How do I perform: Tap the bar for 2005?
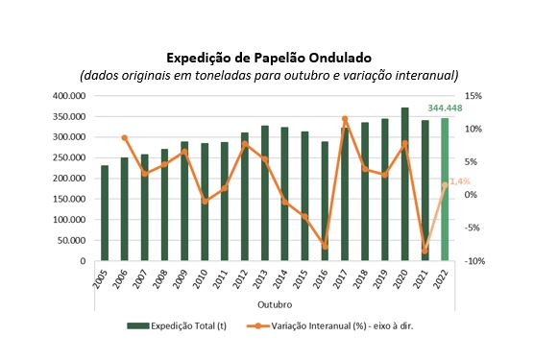tap(105, 213)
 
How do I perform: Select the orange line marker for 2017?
tap(344, 119)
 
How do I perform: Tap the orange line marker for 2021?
tap(425, 251)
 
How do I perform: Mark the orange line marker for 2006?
tap(125, 138)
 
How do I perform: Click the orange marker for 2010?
tap(205, 202)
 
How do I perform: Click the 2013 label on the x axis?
tap(264, 278)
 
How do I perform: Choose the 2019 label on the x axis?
tap(384, 278)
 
